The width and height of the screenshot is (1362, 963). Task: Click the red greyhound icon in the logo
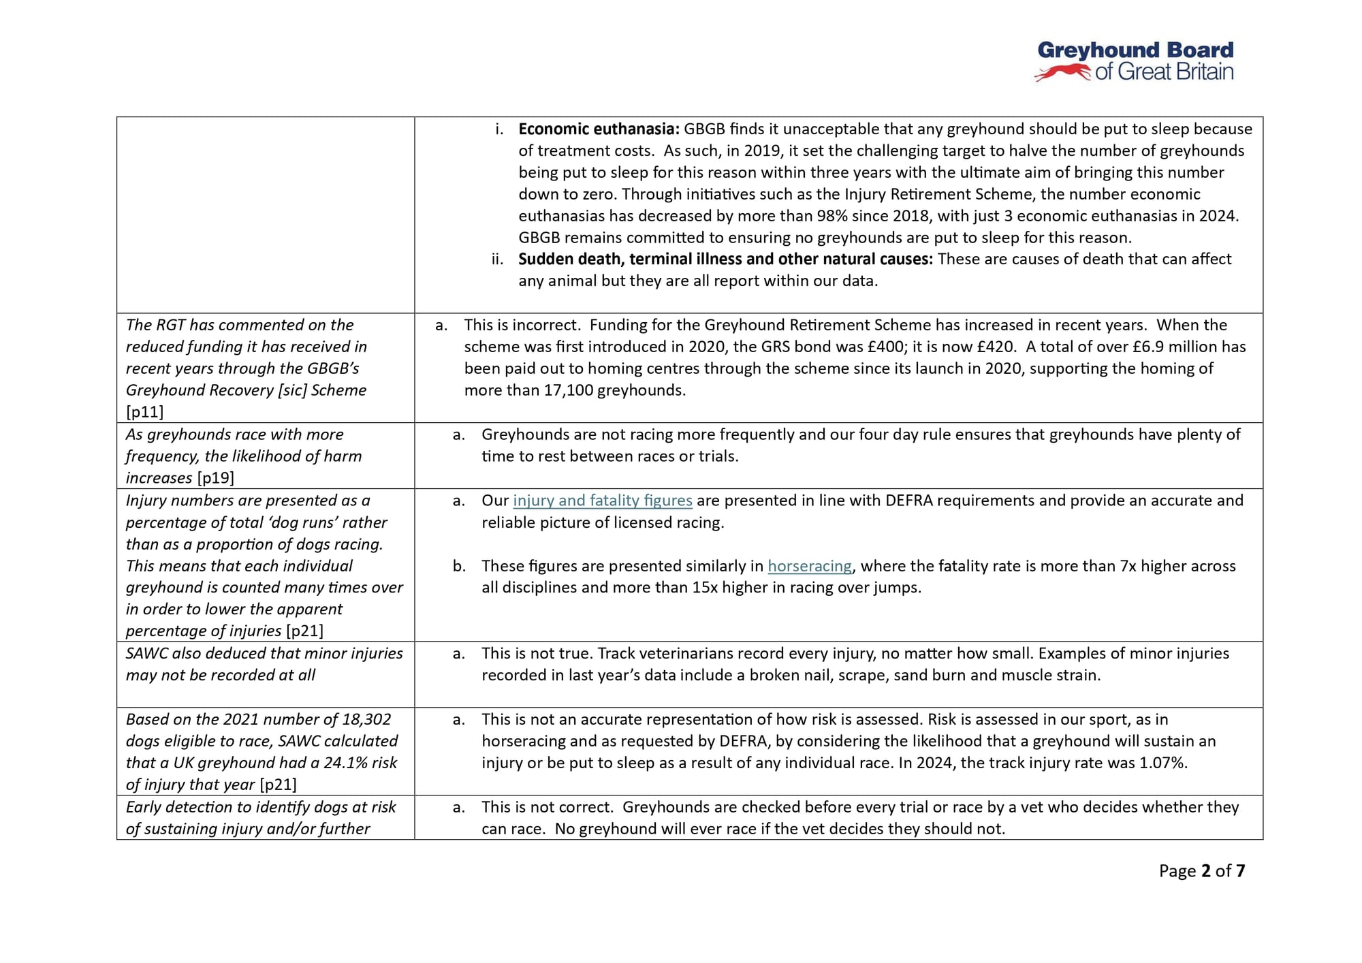1062,72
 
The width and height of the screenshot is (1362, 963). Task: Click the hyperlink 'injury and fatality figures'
602,501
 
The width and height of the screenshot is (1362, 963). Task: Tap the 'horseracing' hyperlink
810,566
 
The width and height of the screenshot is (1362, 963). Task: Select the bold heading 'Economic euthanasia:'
599,129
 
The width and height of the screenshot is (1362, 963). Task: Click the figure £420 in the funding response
996,347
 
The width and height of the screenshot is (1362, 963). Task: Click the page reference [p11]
144,412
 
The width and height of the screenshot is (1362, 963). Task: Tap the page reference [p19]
215,478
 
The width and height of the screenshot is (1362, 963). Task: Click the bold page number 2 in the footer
1206,871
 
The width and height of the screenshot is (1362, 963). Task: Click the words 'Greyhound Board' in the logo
1135,50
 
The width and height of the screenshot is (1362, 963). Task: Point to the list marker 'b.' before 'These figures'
459,566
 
